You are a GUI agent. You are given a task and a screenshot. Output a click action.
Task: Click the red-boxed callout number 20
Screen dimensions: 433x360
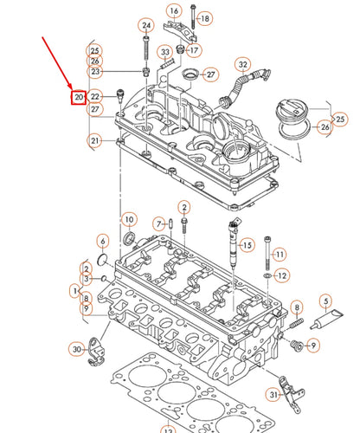[79, 98]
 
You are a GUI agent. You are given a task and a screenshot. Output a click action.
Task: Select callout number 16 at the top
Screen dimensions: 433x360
[173, 11]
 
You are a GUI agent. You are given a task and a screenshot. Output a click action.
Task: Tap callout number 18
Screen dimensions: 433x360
[204, 17]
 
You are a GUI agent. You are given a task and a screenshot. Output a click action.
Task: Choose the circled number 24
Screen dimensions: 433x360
[145, 25]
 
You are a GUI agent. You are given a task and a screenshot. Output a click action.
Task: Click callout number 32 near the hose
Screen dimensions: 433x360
[243, 64]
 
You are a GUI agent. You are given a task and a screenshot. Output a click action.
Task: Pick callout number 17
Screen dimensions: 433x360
[194, 50]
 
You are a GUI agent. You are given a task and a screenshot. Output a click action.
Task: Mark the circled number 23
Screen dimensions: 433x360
[95, 71]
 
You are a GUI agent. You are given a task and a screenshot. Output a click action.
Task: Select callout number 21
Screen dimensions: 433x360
[94, 140]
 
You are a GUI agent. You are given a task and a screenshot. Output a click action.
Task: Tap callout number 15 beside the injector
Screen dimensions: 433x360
[247, 245]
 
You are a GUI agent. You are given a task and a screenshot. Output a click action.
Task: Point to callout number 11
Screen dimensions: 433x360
[279, 254]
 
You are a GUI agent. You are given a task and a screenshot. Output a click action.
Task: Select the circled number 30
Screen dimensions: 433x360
[76, 349]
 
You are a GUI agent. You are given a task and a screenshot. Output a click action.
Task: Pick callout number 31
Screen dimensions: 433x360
[274, 396]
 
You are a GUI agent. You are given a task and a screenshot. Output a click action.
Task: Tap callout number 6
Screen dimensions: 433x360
[102, 241]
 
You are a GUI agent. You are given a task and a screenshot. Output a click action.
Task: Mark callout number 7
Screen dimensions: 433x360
[159, 224]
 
